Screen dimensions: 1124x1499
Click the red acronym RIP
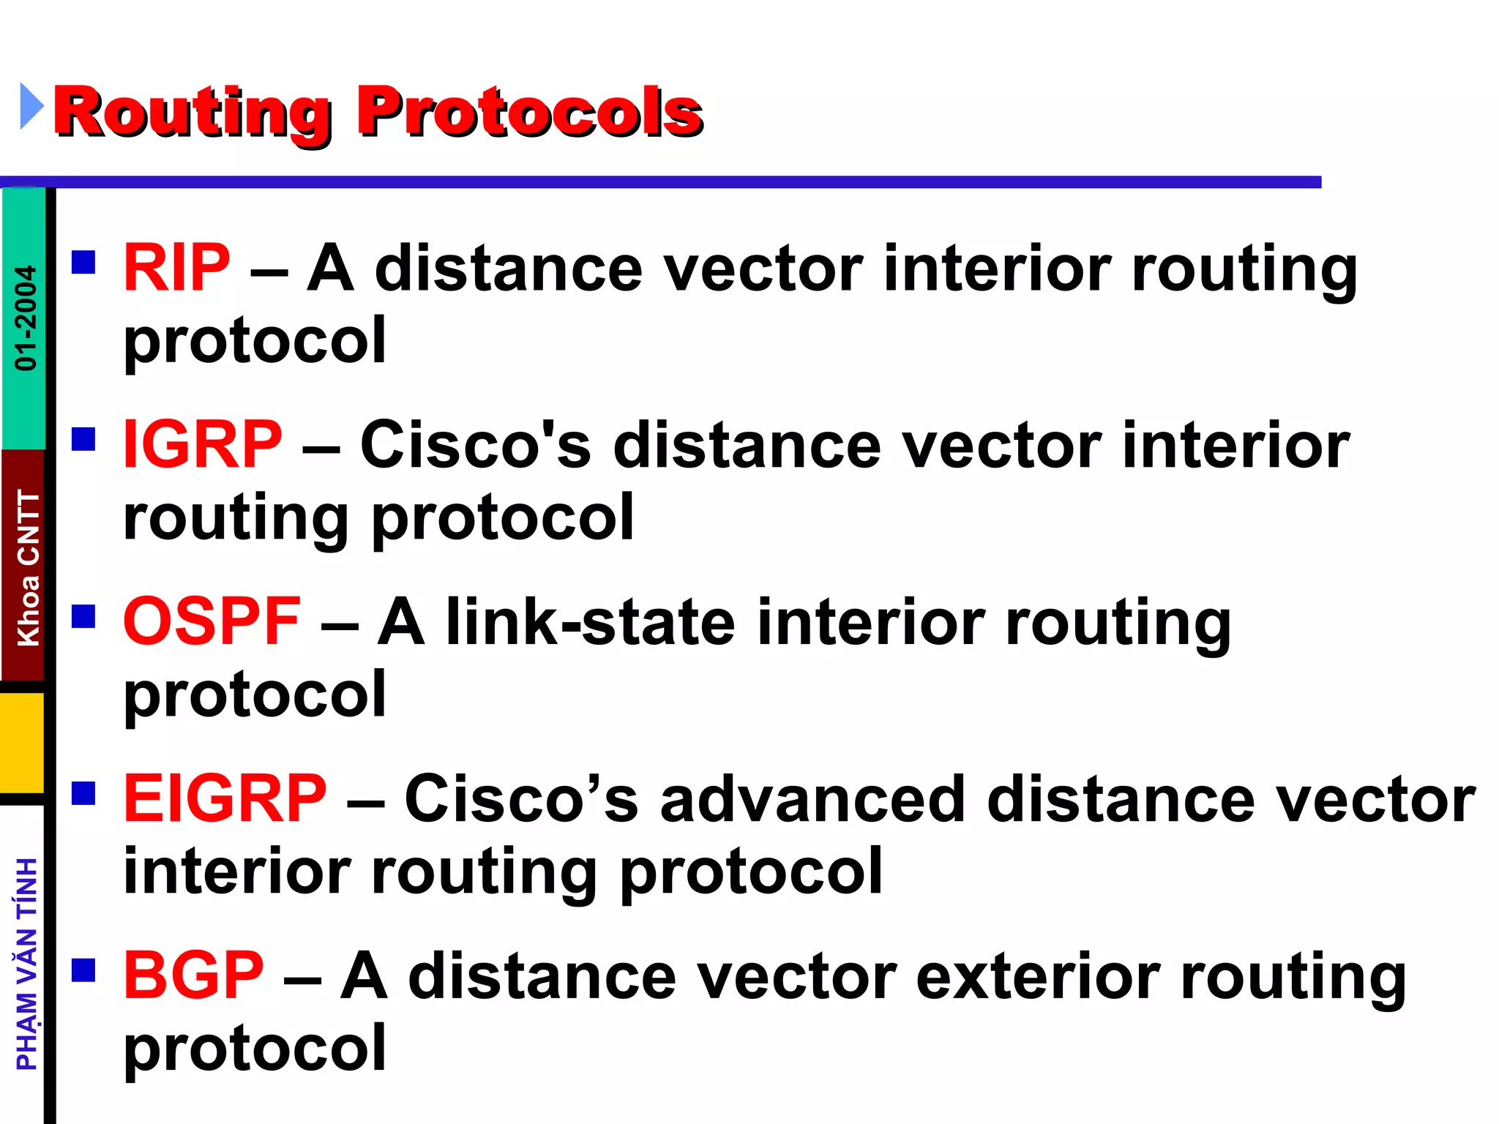click(x=176, y=268)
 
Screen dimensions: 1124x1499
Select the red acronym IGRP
click(x=203, y=445)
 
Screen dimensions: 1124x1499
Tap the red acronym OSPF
click(x=212, y=621)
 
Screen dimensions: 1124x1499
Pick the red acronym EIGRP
click(x=225, y=798)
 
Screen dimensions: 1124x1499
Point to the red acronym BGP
click(x=193, y=975)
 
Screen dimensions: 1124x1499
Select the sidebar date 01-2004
click(x=26, y=318)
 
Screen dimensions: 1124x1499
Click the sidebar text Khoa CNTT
click(x=28, y=568)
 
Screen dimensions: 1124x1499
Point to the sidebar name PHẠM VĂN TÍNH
click(x=27, y=964)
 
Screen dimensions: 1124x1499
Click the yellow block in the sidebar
click(x=23, y=742)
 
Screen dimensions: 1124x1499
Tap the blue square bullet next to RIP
click(x=84, y=262)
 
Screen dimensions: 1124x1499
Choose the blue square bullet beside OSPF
click(x=84, y=616)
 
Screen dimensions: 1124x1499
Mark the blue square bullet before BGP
click(x=84, y=970)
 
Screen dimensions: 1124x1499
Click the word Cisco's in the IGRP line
click(x=476, y=445)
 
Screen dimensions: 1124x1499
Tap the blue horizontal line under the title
click(x=659, y=182)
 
